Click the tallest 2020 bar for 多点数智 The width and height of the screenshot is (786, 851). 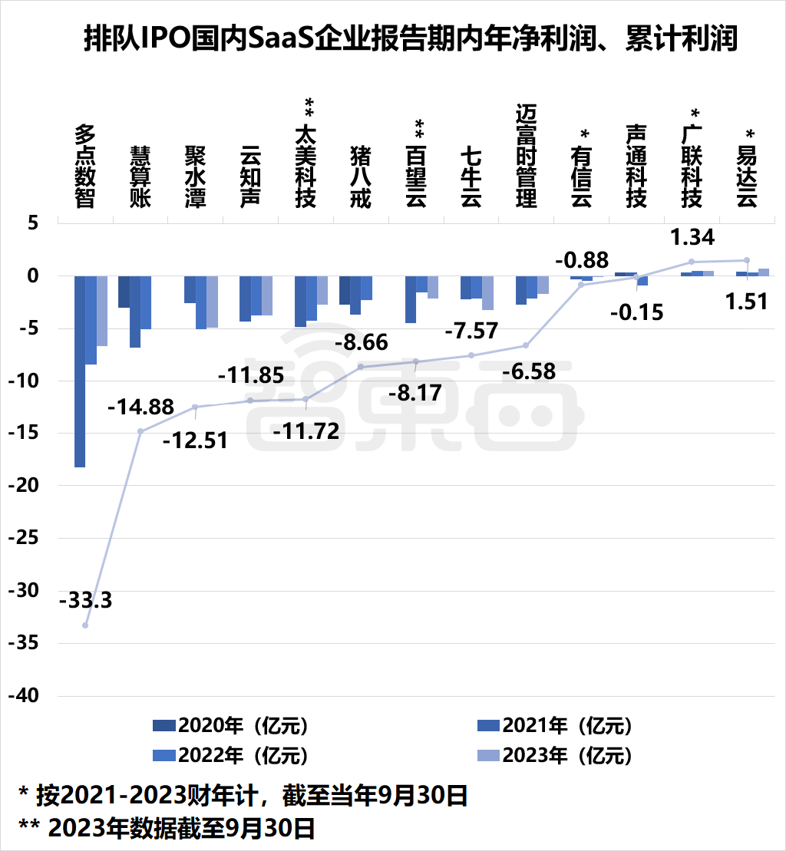[80, 371]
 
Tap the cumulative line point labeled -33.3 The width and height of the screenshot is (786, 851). [85, 625]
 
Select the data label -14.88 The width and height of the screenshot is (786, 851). [140, 407]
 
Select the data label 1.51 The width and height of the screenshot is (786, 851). [746, 301]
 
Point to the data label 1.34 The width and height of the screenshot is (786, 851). [692, 237]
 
